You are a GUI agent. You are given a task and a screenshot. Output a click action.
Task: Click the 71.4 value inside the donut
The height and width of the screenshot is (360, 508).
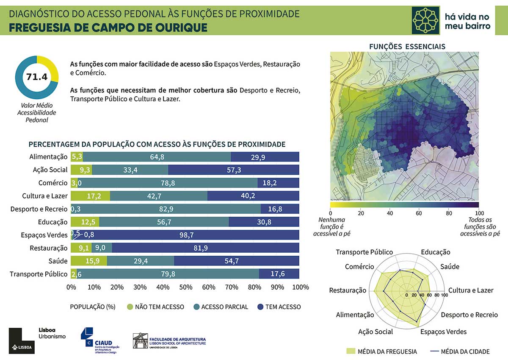click(36, 77)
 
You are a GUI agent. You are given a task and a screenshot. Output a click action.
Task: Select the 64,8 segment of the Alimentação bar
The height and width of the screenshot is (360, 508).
click(157, 157)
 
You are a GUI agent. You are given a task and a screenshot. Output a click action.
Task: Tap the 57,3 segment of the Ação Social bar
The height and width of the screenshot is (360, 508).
click(234, 170)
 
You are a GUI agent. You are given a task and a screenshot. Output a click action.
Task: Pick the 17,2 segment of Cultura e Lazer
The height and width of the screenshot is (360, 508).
click(90, 196)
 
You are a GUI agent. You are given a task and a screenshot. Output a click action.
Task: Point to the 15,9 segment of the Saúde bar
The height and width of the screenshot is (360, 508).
click(89, 261)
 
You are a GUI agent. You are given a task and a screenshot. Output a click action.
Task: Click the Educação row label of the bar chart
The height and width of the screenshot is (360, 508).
click(52, 222)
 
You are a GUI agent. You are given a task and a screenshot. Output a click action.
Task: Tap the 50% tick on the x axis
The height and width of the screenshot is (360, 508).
click(185, 287)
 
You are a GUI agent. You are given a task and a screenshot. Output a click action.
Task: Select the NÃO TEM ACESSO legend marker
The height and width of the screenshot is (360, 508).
click(130, 307)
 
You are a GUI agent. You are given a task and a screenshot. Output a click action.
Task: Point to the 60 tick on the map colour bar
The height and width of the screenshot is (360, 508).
click(419, 213)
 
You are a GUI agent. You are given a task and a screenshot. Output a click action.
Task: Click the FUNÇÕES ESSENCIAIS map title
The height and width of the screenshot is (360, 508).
click(407, 47)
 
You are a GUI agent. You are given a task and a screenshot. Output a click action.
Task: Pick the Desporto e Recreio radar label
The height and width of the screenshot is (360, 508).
click(469, 315)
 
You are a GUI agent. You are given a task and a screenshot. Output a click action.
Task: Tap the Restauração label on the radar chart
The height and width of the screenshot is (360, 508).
click(348, 290)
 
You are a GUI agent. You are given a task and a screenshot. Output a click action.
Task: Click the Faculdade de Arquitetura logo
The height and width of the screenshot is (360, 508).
click(169, 340)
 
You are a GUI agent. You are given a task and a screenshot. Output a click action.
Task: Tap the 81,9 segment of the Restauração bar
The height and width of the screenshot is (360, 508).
click(206, 248)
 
